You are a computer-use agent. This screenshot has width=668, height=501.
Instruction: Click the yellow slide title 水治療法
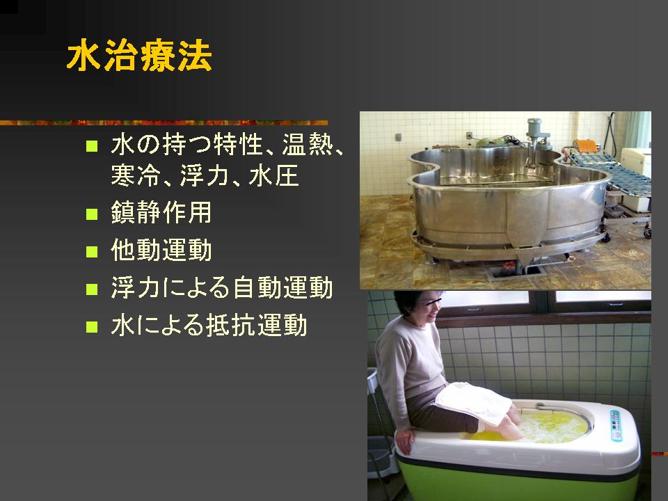click(x=139, y=56)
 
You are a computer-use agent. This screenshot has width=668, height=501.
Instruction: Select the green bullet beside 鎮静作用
click(x=92, y=214)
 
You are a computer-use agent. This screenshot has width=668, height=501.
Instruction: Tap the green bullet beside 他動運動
click(x=92, y=251)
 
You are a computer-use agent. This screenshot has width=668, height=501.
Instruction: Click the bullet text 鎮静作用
click(x=161, y=212)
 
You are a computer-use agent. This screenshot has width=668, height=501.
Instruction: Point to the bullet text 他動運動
click(x=161, y=250)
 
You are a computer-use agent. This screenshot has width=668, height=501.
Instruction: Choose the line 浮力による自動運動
click(x=221, y=287)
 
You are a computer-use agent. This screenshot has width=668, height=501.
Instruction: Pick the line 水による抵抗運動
click(x=209, y=325)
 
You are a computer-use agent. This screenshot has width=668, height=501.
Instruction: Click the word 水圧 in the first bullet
click(x=273, y=175)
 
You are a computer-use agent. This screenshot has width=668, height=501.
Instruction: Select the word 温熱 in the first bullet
click(x=308, y=145)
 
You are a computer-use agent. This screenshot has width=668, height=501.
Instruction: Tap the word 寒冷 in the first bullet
click(x=136, y=175)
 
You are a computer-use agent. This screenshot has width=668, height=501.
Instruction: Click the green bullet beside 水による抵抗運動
click(x=92, y=327)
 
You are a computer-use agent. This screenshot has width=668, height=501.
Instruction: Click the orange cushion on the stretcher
click(x=586, y=146)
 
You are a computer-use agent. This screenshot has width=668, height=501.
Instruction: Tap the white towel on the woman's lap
click(x=473, y=402)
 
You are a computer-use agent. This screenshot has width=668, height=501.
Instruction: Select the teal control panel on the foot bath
click(x=617, y=424)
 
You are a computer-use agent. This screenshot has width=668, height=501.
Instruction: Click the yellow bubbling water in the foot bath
click(x=550, y=427)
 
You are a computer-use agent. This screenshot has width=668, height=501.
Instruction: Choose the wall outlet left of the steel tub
click(x=398, y=137)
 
